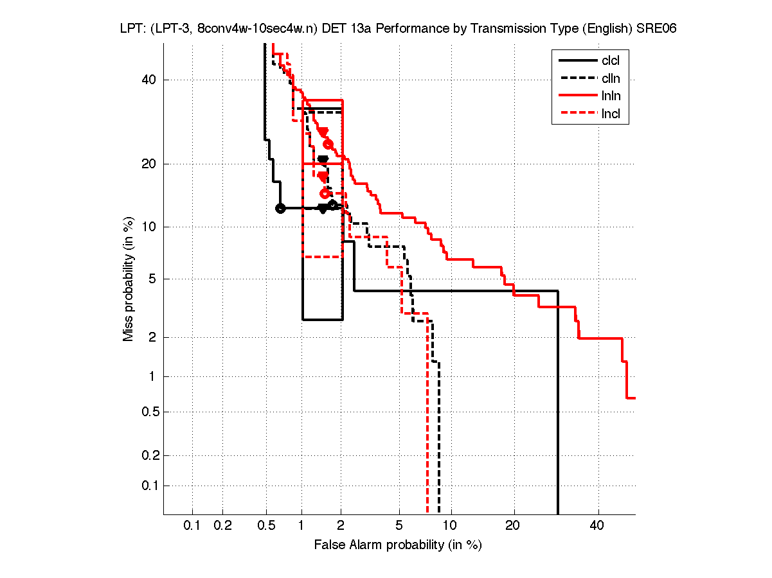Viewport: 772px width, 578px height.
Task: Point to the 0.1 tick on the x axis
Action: [x=192, y=526]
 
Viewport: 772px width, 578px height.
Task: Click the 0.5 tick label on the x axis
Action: [x=265, y=526]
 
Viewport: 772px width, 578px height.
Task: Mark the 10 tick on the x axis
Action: [x=451, y=526]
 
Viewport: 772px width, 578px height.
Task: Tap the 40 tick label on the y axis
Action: [x=148, y=80]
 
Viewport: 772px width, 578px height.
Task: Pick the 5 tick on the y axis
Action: [x=152, y=279]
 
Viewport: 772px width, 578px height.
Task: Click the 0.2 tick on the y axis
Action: [x=148, y=455]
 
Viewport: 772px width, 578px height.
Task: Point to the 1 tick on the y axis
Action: [x=152, y=376]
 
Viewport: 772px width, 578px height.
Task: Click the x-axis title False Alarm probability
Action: [x=398, y=545]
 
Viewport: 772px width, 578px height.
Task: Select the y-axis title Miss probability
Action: [x=129, y=279]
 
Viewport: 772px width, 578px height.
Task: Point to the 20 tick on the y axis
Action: [x=148, y=164]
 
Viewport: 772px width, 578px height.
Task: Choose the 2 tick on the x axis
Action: [x=341, y=526]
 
